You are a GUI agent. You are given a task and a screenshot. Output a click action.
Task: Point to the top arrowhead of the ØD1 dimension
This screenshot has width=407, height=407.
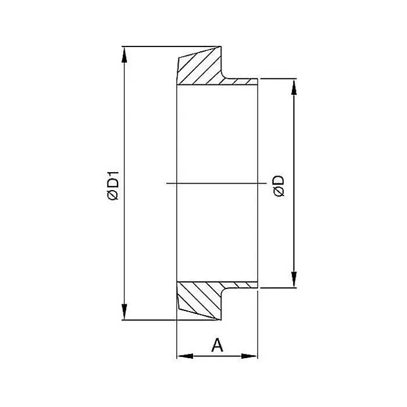point(123,52)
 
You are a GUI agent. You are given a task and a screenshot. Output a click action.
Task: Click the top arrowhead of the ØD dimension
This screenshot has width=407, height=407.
point(294,85)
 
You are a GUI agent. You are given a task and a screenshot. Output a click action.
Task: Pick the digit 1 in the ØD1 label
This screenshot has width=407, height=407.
point(113,174)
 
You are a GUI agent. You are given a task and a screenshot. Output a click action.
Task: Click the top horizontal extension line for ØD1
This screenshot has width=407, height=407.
point(169,45)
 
